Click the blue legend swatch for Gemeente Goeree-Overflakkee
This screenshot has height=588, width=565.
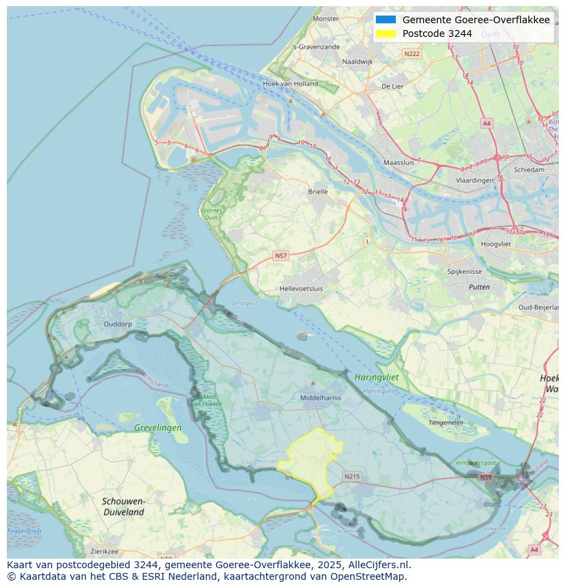click(x=386, y=20)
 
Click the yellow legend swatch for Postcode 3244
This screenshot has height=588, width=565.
click(x=386, y=33)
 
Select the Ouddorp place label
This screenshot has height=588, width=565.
click(x=117, y=324)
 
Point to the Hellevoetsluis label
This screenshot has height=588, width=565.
click(x=302, y=289)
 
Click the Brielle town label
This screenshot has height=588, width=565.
click(x=318, y=192)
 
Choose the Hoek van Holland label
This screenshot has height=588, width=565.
click(x=290, y=84)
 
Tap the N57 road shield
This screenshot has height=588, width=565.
click(x=280, y=255)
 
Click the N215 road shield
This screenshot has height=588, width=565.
click(x=351, y=477)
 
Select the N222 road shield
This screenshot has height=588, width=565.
click(x=411, y=53)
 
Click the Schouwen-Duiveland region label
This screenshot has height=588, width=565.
click(x=124, y=506)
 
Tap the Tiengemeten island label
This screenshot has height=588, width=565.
click(x=446, y=423)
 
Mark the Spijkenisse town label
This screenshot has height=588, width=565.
click(x=465, y=271)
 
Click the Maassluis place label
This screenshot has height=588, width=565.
click(x=399, y=163)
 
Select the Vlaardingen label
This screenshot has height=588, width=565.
click(x=474, y=180)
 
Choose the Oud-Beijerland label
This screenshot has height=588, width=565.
click(x=539, y=307)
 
